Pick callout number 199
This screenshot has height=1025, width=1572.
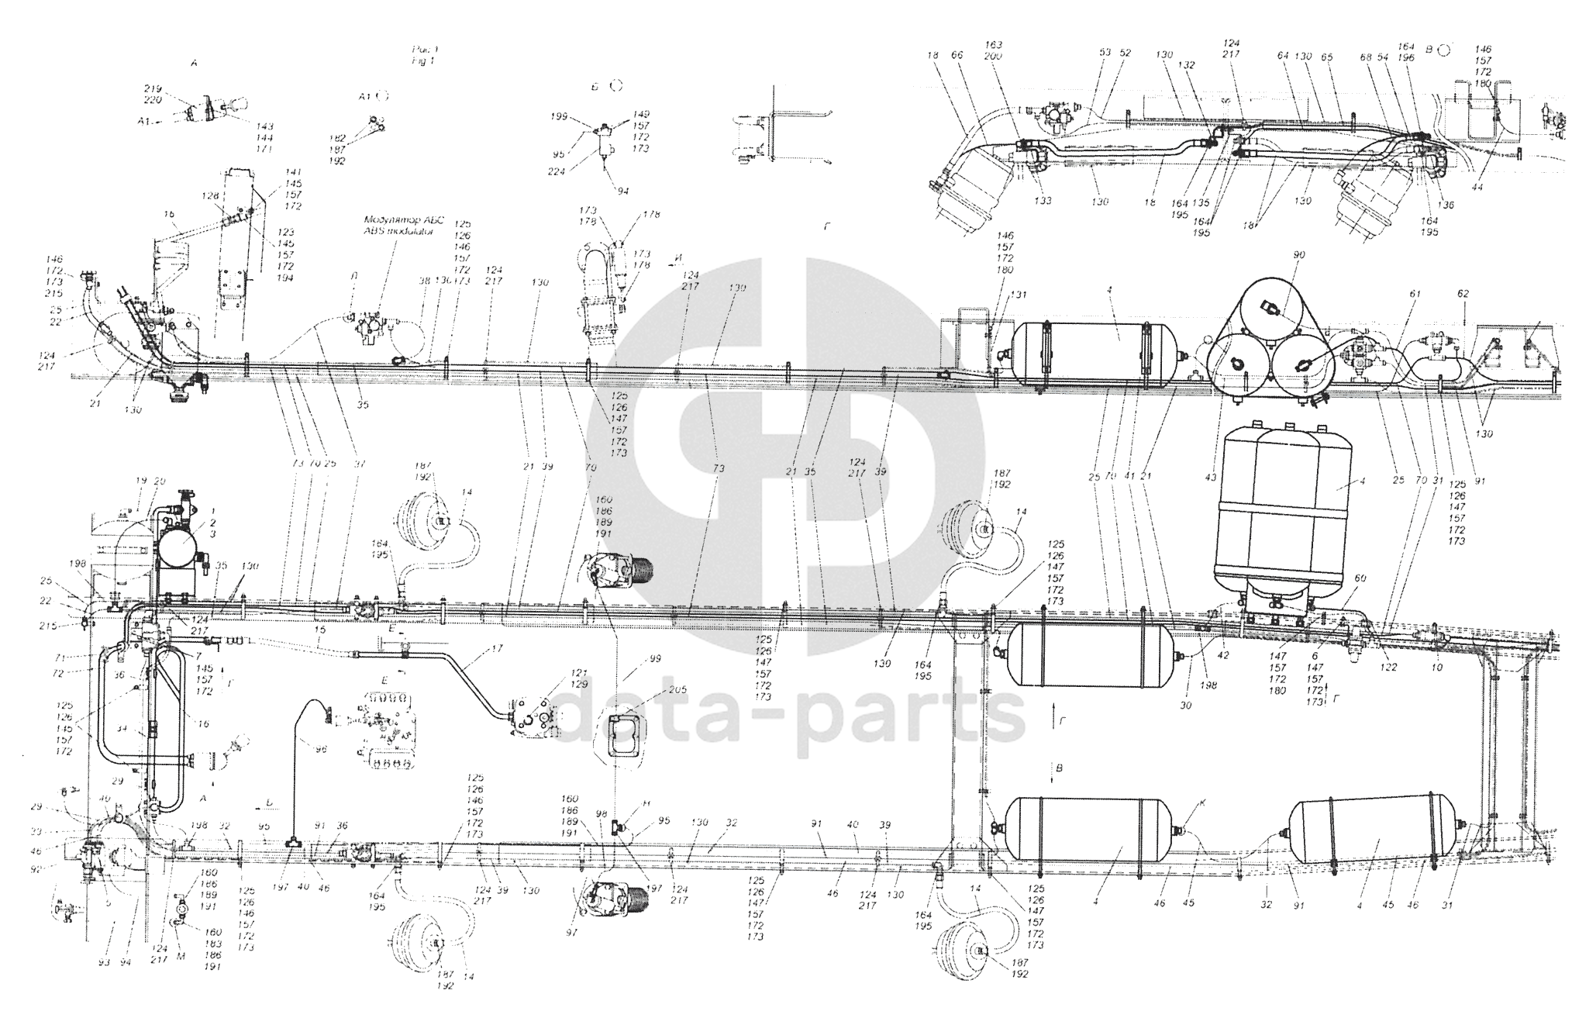560,116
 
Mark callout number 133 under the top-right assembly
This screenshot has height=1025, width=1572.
1043,201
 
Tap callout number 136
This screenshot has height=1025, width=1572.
1444,205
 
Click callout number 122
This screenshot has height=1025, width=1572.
1388,667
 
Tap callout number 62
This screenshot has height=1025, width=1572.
1463,295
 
